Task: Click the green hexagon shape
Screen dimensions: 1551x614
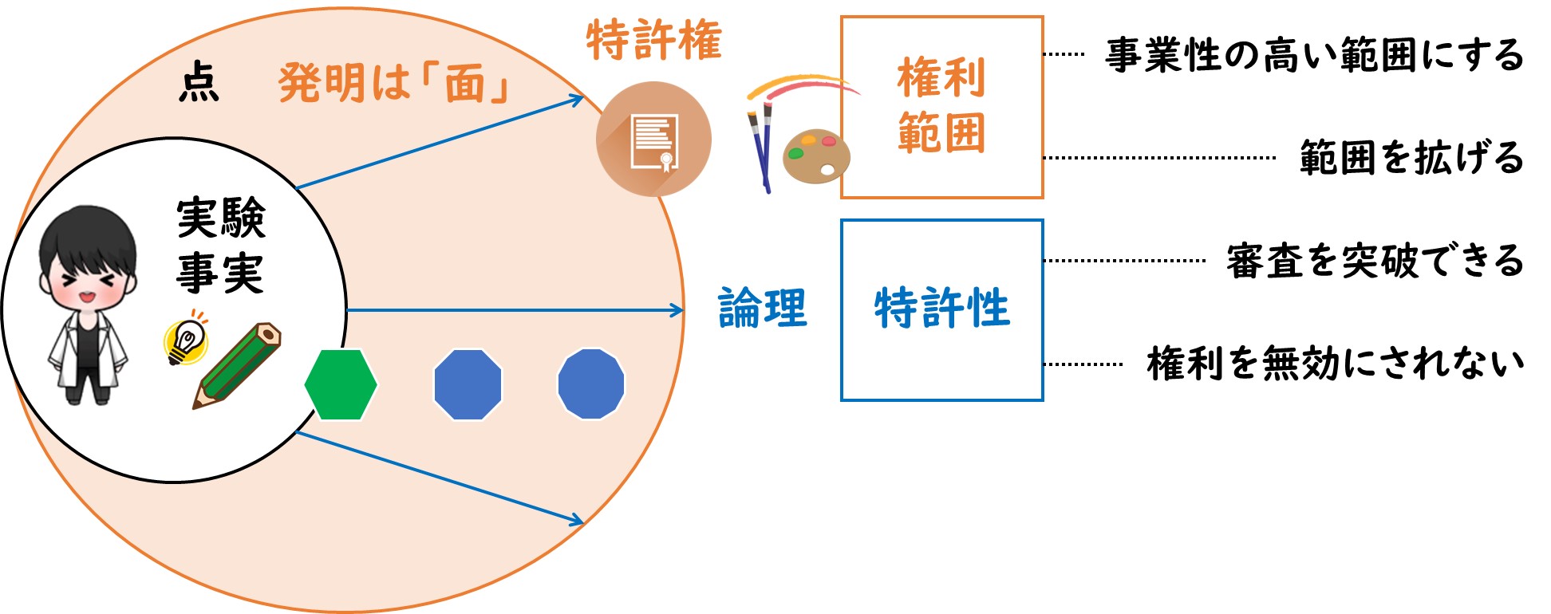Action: [341, 384]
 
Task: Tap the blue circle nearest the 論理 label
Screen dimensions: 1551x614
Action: [591, 384]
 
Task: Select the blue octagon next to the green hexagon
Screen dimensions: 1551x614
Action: [468, 384]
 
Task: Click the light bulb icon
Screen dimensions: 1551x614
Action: [187, 338]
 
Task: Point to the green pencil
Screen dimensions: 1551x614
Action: [237, 366]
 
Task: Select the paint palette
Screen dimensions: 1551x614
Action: [816, 155]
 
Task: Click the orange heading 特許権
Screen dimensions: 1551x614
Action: [654, 40]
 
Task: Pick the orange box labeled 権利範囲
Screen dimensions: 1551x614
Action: [942, 107]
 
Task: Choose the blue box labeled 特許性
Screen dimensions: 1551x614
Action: [942, 310]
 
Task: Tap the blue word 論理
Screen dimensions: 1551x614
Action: [763, 309]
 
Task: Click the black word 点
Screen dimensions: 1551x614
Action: [199, 83]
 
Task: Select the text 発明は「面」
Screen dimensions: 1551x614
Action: [394, 84]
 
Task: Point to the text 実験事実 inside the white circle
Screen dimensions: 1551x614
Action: [221, 246]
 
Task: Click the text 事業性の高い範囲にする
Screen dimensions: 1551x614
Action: [1314, 56]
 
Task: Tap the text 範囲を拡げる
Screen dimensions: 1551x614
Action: [1412, 157]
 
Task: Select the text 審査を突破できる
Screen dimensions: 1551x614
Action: [1375, 261]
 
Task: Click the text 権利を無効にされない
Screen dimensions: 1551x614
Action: [1336, 364]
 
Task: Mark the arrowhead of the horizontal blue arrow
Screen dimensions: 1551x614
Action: [678, 310]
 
